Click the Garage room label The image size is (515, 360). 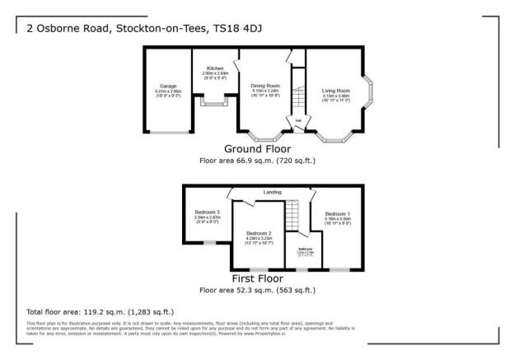(168, 86)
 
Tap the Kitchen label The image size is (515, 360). (215, 68)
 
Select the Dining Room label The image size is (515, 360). (265, 86)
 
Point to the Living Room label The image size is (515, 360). (335, 90)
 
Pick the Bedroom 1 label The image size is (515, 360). (337, 213)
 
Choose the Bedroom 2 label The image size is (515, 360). (259, 232)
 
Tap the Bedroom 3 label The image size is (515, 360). (207, 213)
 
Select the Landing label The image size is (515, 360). (272, 193)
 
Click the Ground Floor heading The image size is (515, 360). (257, 149)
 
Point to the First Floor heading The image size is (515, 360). (257, 278)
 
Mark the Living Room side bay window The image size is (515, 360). (371, 97)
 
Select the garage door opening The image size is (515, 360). (168, 132)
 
